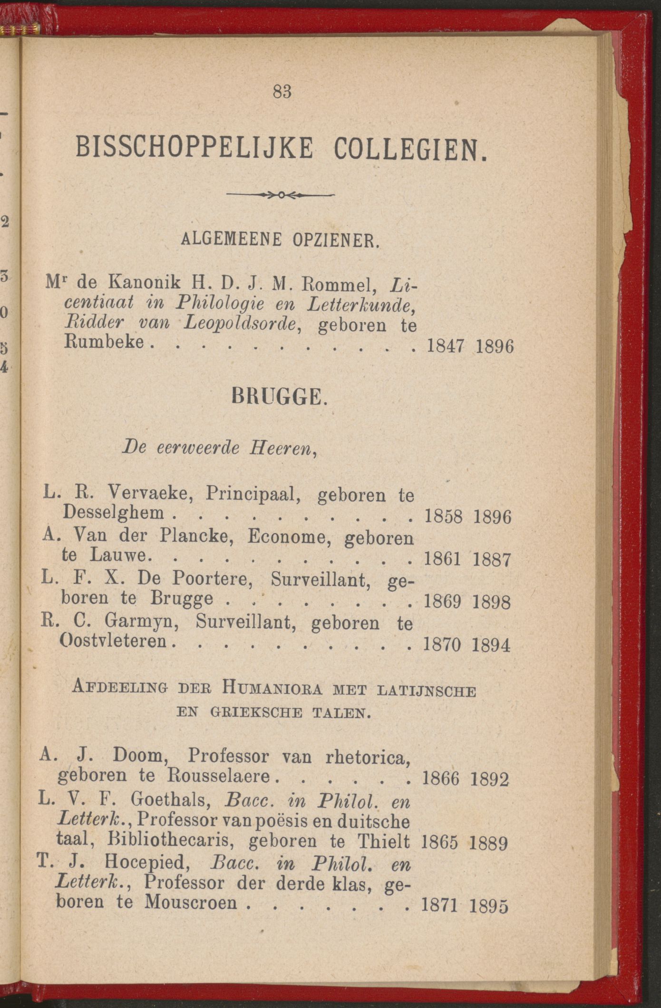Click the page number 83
tap(282, 91)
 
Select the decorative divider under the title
tap(281, 195)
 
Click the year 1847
tap(446, 346)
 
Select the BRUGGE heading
tap(279, 397)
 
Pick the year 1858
tap(443, 517)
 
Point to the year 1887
tap(492, 559)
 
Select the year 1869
tap(442, 602)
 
